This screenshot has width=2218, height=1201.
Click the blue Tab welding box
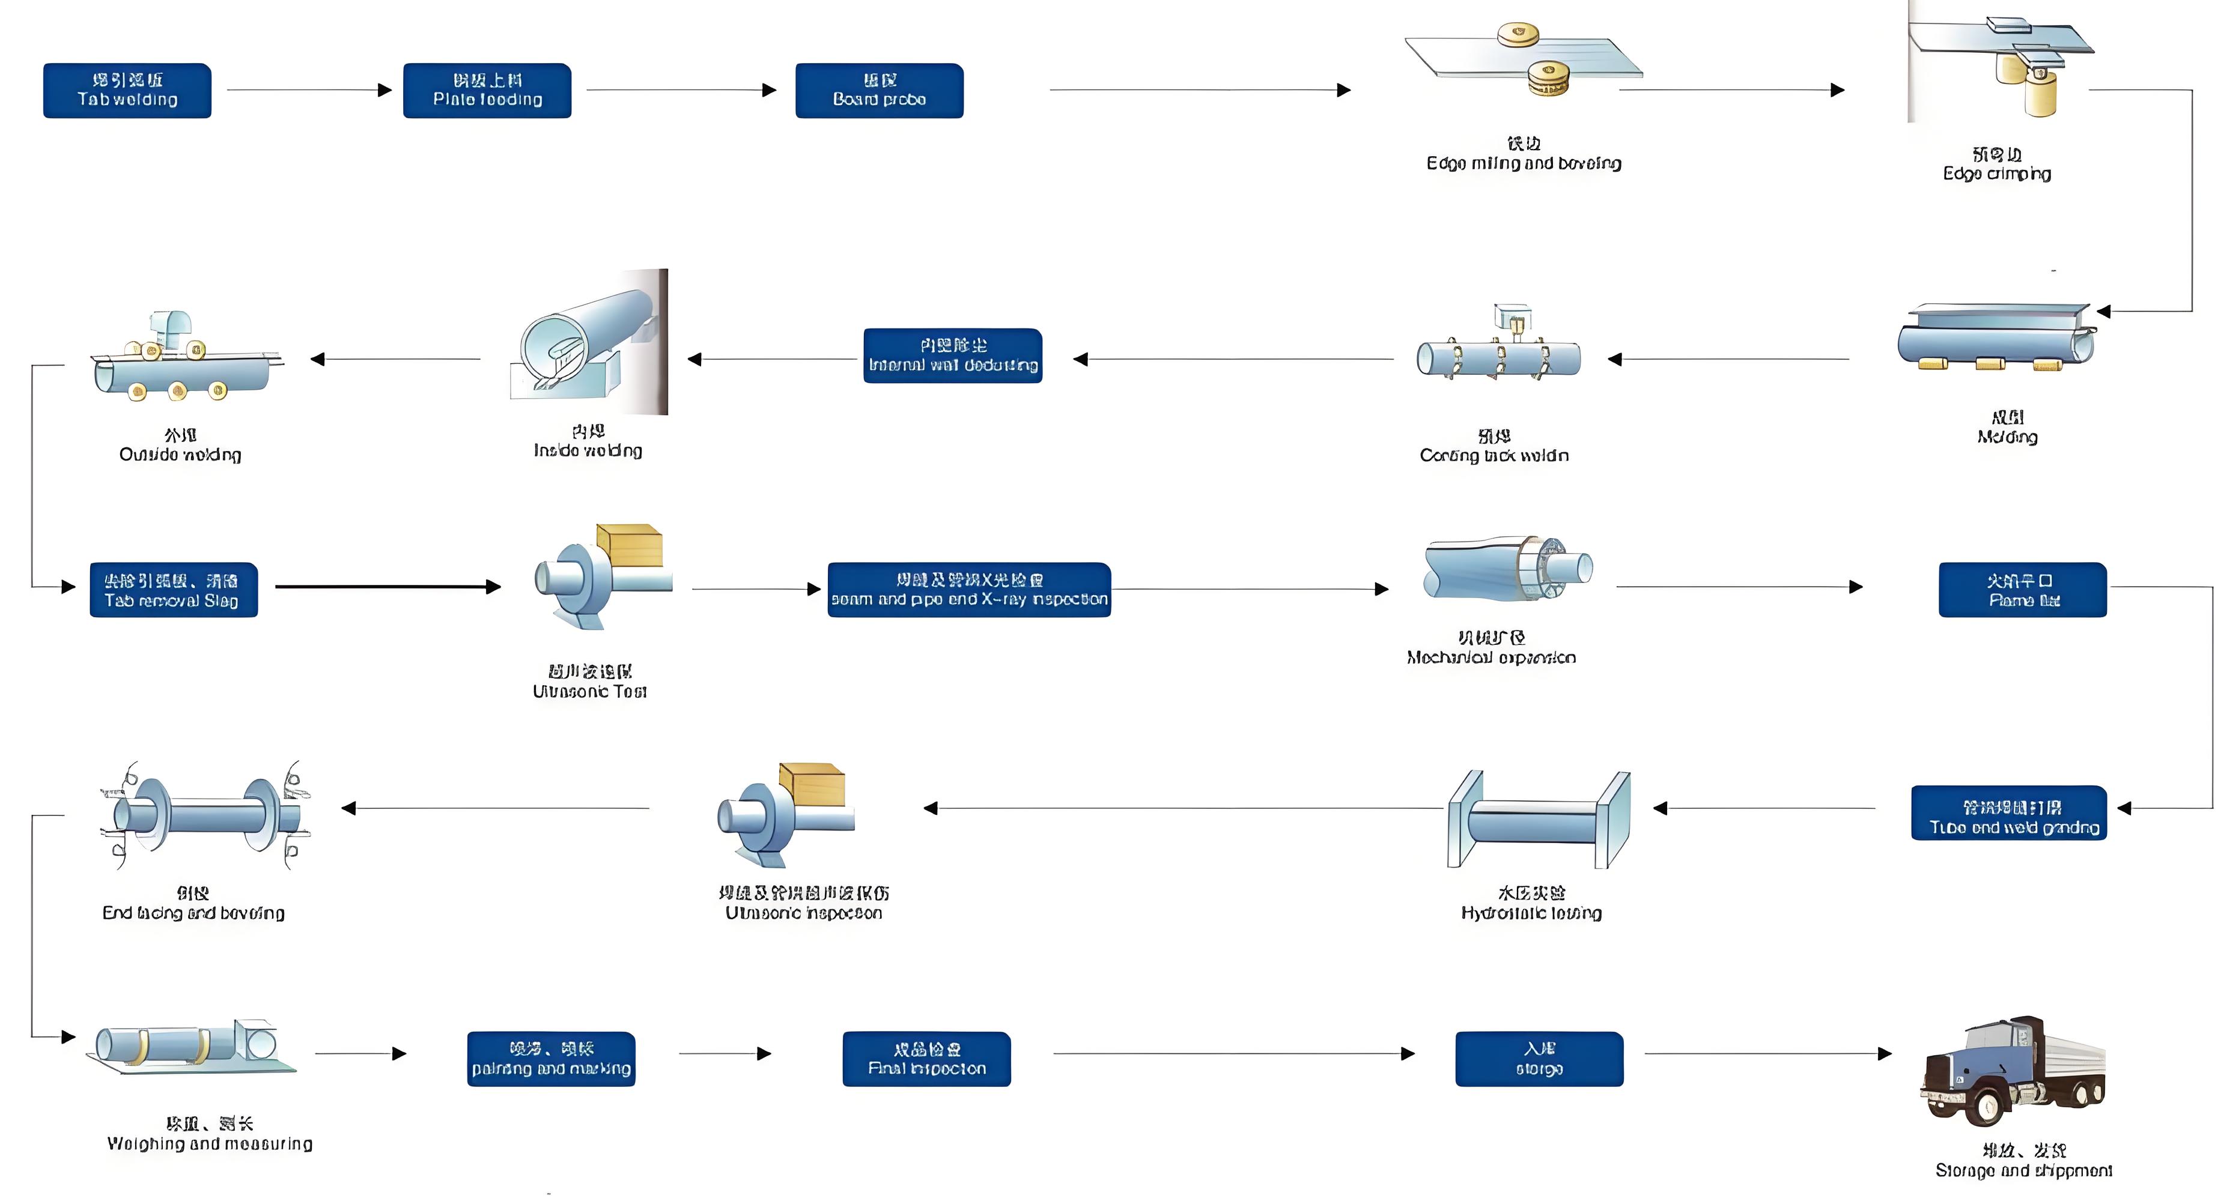point(127,91)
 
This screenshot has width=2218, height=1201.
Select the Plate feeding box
point(487,91)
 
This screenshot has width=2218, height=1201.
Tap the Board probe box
point(879,91)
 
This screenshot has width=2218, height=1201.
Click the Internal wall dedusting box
point(952,355)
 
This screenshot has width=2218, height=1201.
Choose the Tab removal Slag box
point(173,590)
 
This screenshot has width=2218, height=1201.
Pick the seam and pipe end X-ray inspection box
point(968,590)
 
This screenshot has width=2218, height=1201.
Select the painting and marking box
point(551,1059)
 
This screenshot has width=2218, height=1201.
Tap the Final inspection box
point(926,1059)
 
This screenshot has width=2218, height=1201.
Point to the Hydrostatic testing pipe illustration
point(1538,820)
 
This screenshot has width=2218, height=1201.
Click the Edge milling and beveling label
point(1523,163)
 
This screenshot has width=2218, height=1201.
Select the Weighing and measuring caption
point(209,1143)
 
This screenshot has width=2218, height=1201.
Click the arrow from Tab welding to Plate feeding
point(308,89)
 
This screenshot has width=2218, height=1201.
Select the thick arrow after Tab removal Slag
point(387,587)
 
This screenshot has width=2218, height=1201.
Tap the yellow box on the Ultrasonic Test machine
point(630,546)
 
